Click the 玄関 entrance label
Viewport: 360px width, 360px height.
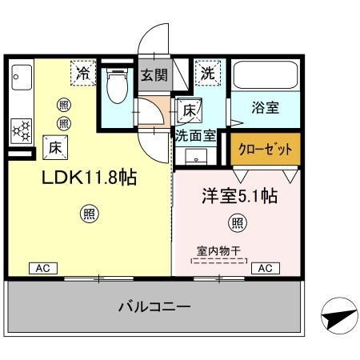[154, 76]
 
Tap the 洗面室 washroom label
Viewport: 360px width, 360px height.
[195, 135]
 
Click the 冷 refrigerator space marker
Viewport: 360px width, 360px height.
[83, 73]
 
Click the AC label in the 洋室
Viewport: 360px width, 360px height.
[264, 269]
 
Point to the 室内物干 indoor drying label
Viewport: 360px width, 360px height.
[218, 250]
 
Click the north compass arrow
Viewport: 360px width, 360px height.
[336, 317]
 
